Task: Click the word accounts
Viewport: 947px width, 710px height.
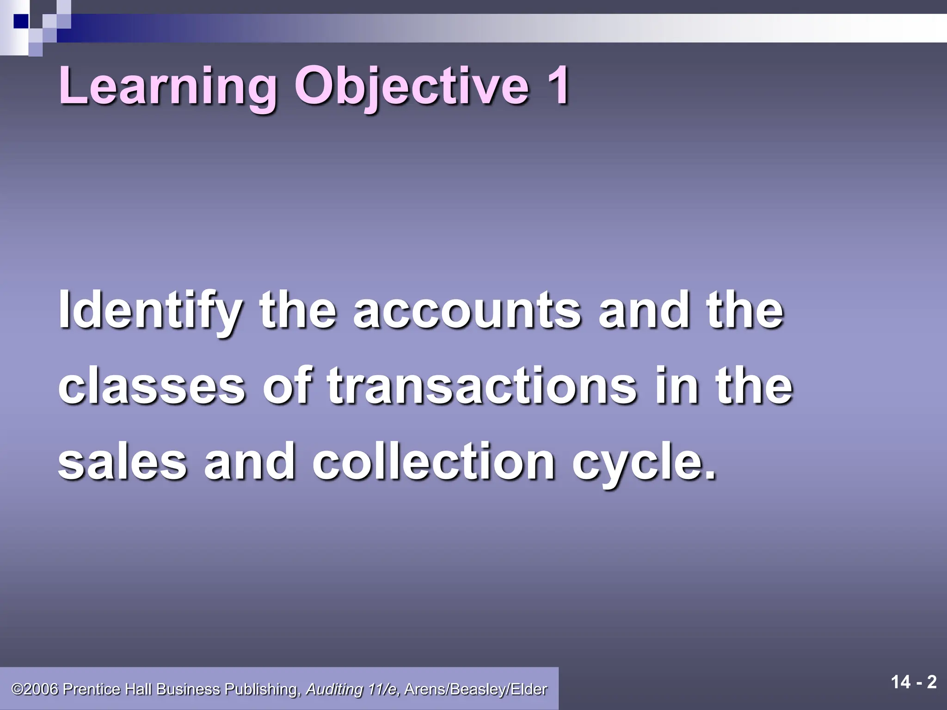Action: click(x=467, y=311)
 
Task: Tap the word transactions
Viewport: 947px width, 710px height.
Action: click(x=481, y=386)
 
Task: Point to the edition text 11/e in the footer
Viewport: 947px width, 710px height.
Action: click(x=384, y=689)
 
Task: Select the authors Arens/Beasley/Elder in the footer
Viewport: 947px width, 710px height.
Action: click(x=476, y=689)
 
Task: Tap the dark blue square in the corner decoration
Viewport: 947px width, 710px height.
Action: click(x=20, y=21)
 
